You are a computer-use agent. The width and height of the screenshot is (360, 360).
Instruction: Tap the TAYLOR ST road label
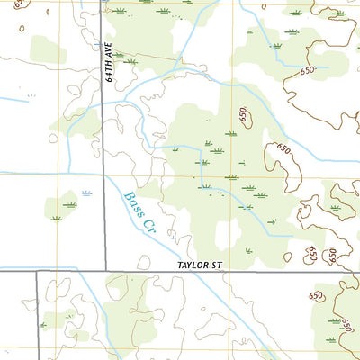click(x=199, y=265)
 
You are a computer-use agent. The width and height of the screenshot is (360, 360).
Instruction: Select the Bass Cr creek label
click(x=139, y=213)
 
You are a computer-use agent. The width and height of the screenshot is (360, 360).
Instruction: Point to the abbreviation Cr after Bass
click(x=147, y=225)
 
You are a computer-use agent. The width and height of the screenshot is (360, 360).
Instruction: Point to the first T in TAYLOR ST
click(x=180, y=265)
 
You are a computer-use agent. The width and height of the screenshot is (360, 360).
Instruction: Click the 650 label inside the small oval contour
click(x=243, y=115)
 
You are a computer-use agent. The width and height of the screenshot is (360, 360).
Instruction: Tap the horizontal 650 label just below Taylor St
click(x=316, y=295)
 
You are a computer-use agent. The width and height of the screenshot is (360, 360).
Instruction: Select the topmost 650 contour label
click(x=309, y=70)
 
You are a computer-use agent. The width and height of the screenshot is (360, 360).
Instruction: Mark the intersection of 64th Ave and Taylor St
click(x=105, y=270)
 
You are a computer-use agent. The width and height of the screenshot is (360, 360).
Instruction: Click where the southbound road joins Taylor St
click(x=37, y=270)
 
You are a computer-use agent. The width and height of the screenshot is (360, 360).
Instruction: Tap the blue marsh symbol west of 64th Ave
click(x=86, y=193)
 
